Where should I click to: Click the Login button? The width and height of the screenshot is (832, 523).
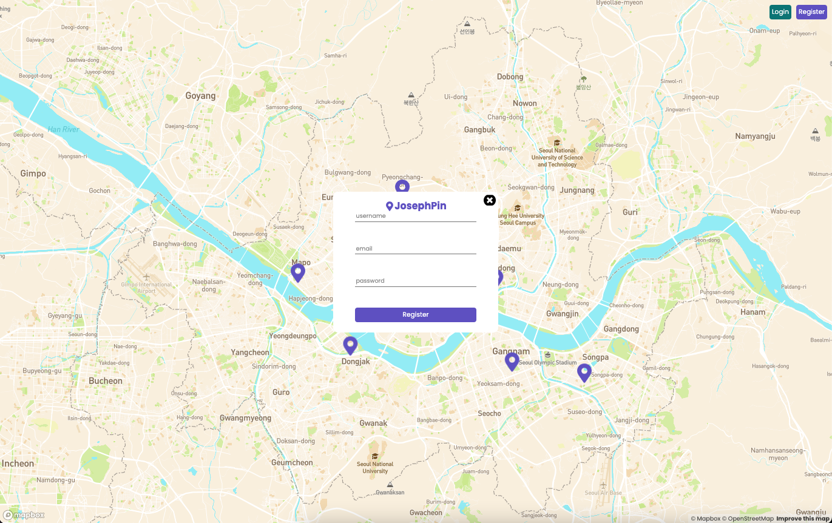[x=780, y=12]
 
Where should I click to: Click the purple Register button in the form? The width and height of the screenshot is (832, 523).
[x=415, y=314]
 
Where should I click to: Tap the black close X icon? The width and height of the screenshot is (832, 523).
[x=490, y=200]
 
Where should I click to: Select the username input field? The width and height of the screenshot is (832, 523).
[x=415, y=216]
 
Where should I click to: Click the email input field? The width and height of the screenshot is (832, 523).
[x=415, y=248]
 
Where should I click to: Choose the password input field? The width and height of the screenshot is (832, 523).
[x=415, y=280]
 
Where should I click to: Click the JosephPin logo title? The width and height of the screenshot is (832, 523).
[x=416, y=206]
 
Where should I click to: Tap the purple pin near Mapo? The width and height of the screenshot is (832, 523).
[x=297, y=272]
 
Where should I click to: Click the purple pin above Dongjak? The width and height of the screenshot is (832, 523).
[x=350, y=345]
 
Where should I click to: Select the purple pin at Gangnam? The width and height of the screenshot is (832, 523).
[x=512, y=361]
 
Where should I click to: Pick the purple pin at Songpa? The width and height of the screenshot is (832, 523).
[x=584, y=372]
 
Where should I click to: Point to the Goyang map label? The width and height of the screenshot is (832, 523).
[x=200, y=96]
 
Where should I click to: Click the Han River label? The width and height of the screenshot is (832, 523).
[x=64, y=129]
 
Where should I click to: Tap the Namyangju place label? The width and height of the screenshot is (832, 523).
[x=755, y=137]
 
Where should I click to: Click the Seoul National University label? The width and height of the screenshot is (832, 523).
[x=375, y=467]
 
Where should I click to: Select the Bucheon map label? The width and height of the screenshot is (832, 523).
[x=106, y=381]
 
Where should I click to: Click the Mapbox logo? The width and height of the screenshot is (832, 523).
[x=24, y=515]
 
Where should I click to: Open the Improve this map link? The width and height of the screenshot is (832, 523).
[x=803, y=519]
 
